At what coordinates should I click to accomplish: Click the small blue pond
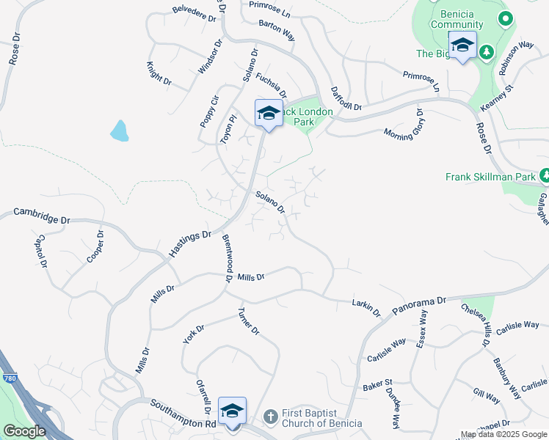[x=119, y=131]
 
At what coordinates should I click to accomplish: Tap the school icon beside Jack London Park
[x=269, y=114]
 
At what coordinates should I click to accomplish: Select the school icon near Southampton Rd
[x=232, y=411]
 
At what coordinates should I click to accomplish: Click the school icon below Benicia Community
[x=462, y=45]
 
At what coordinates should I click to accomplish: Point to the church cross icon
[x=269, y=417]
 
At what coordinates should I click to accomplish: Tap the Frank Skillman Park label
[x=490, y=177]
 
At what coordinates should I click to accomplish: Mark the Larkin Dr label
[x=366, y=308]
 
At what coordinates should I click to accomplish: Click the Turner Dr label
[x=249, y=321]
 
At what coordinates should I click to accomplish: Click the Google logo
[x=24, y=431]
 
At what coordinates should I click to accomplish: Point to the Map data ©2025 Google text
[x=503, y=434]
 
